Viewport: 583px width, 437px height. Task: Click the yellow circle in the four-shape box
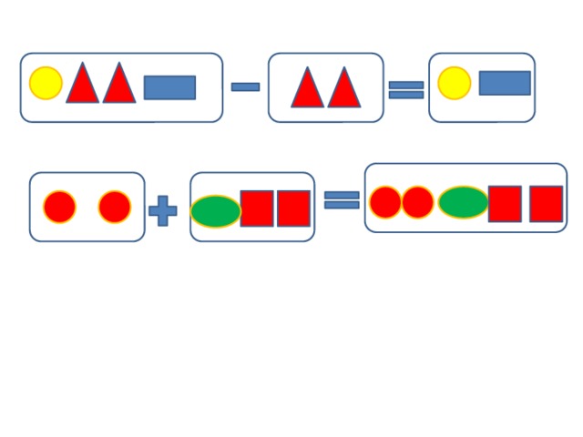click(x=46, y=83)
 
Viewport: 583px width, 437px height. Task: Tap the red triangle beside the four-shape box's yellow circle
click(x=82, y=85)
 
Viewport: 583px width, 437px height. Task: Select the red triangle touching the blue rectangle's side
click(x=119, y=85)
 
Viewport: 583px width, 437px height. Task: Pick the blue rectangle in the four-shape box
click(x=169, y=87)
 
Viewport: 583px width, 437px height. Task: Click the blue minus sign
click(x=245, y=86)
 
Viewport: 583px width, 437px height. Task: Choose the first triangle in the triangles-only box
click(x=307, y=89)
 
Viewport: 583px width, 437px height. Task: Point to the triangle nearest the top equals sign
click(x=344, y=89)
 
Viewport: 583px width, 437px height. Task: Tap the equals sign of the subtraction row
click(x=406, y=89)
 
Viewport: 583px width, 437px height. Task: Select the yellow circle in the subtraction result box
click(x=454, y=83)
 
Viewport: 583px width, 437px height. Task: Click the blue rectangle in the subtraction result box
click(x=505, y=83)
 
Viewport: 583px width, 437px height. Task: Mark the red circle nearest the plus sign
click(x=115, y=207)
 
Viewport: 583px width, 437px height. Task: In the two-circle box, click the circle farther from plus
click(x=60, y=207)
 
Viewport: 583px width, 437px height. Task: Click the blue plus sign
click(x=163, y=211)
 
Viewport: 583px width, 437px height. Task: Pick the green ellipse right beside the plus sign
click(x=216, y=211)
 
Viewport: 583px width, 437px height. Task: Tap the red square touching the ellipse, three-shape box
click(x=257, y=208)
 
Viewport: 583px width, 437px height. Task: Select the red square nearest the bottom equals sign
click(x=293, y=208)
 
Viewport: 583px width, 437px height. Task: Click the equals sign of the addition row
click(x=342, y=199)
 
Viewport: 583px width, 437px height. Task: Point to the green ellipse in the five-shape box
click(x=464, y=202)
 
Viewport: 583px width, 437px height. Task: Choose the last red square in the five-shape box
click(x=546, y=204)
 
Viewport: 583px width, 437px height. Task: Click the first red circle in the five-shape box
click(x=385, y=202)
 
